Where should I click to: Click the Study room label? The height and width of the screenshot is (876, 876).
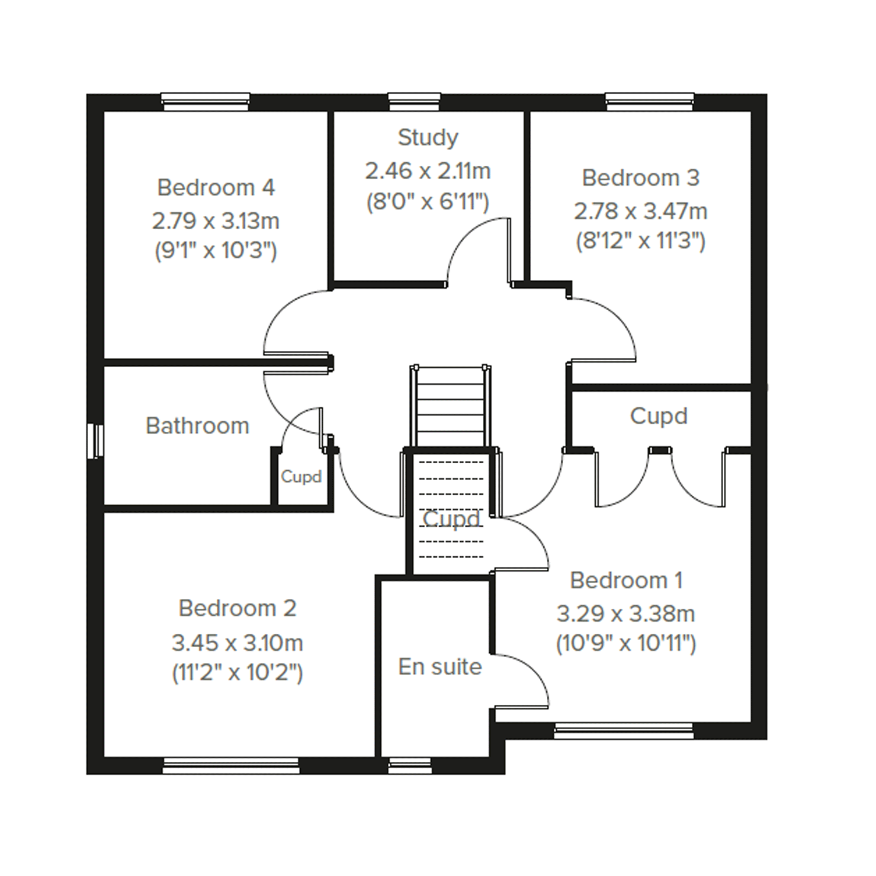(x=428, y=138)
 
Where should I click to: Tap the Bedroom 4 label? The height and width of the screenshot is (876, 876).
(x=216, y=187)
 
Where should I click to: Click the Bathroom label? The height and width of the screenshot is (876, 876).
(x=197, y=426)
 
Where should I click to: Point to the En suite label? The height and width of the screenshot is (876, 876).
(x=440, y=667)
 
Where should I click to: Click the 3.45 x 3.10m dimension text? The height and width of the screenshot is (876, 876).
(x=237, y=643)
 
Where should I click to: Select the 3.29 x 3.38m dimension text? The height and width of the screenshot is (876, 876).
(x=626, y=614)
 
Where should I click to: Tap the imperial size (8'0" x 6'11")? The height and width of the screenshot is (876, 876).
(x=427, y=202)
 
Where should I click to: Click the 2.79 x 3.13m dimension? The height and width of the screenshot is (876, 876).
(x=215, y=221)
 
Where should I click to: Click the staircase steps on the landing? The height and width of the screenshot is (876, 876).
(x=450, y=407)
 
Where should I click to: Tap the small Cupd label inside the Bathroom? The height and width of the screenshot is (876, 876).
(x=301, y=477)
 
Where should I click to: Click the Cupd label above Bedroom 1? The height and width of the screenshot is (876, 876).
(x=659, y=416)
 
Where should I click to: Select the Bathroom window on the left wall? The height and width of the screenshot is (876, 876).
(x=95, y=441)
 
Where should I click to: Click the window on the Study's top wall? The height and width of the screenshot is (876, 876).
(x=414, y=102)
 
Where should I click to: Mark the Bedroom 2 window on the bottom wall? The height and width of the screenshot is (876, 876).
(x=231, y=766)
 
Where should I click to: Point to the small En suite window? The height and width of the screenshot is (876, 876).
(x=410, y=766)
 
